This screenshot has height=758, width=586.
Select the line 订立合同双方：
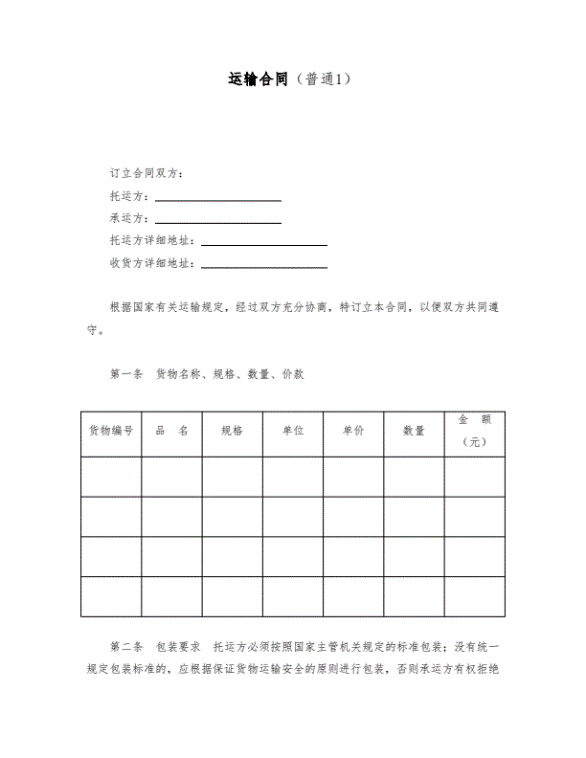click(147, 173)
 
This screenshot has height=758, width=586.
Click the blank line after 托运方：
click(218, 196)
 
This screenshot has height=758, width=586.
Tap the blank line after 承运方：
click(218, 218)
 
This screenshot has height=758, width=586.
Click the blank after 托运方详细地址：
click(264, 241)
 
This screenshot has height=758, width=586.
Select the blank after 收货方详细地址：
click(264, 263)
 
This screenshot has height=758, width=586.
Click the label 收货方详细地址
click(151, 263)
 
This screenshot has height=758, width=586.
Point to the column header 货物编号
click(111, 431)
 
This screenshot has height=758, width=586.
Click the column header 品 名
click(171, 431)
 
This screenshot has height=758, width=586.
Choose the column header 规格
click(232, 431)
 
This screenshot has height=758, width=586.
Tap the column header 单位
click(293, 431)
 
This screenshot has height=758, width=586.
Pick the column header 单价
click(353, 431)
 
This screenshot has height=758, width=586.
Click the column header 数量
click(414, 431)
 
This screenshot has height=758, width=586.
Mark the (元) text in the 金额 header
click(474, 442)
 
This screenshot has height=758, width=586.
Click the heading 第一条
click(126, 374)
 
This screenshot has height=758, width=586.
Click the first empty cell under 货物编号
click(111, 477)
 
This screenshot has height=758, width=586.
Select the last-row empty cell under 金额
click(474, 597)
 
